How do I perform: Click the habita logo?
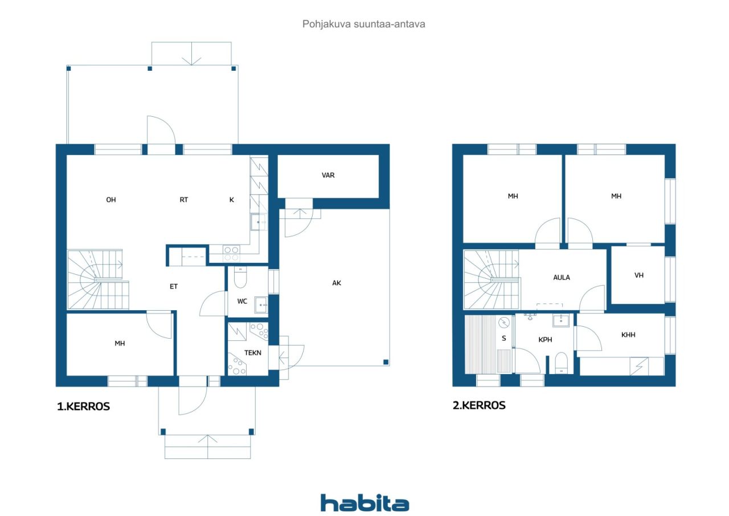364,502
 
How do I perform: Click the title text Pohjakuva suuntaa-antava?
364,25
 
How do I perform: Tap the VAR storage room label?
328,175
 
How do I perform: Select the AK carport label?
337,282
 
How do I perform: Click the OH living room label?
111,200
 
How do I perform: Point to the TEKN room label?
253,353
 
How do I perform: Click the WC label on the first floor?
242,302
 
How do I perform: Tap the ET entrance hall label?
174,286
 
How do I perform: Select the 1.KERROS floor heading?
83,407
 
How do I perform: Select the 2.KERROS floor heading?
478,405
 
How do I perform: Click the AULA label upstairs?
562,278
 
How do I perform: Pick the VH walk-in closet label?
639,275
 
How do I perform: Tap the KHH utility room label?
628,335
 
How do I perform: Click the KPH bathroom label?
546,339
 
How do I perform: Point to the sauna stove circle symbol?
505,323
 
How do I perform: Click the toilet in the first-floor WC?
240,279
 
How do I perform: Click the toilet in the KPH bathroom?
561,363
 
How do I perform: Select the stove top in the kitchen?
231,250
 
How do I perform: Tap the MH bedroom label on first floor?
120,343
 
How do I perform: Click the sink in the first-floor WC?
261,304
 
